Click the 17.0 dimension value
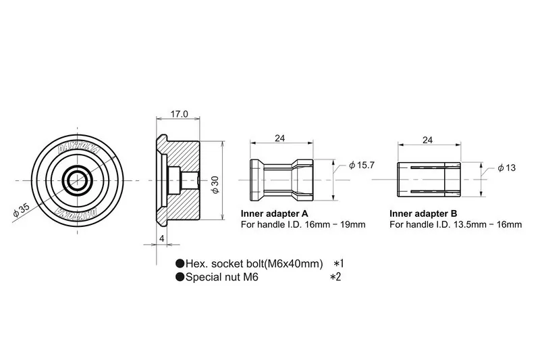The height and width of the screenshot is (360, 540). (179, 114)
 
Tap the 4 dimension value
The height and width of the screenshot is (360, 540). (162, 238)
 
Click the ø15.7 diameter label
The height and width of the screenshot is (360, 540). (362, 165)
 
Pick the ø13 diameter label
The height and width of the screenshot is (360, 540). (506, 168)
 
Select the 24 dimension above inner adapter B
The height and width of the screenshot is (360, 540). (427, 140)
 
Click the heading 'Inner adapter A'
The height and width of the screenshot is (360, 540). (274, 212)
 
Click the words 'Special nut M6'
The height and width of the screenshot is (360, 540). (222, 277)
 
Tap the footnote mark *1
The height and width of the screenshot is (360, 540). (340, 263)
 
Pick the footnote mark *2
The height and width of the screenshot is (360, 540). (335, 277)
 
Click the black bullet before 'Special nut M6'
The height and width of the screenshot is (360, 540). (180, 277)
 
